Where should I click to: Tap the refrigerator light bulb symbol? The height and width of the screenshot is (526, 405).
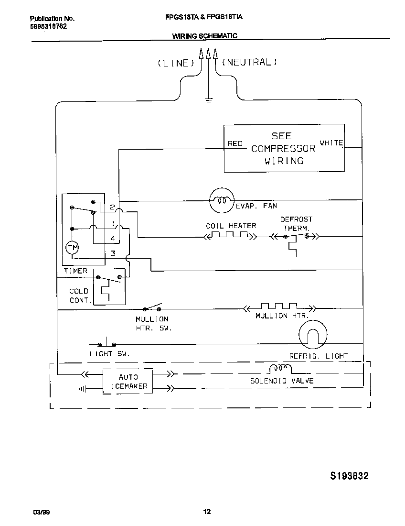pyautogui.click(x=313, y=336)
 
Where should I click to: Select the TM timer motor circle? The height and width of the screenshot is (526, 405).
pyautogui.click(x=72, y=247)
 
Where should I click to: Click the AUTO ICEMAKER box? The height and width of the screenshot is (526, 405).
pyautogui.click(x=128, y=381)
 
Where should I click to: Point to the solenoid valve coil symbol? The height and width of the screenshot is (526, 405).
pyautogui.click(x=281, y=369)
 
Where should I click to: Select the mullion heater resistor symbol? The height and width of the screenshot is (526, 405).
pyautogui.click(x=278, y=307)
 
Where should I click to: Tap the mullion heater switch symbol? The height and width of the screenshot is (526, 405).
pyautogui.click(x=153, y=307)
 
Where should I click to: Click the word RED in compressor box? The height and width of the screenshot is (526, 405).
pyautogui.click(x=235, y=143)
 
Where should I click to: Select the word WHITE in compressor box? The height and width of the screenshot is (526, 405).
pyautogui.click(x=331, y=143)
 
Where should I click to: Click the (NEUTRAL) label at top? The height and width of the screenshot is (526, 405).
pyautogui.click(x=249, y=62)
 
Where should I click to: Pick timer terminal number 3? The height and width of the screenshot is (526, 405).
pyautogui.click(x=113, y=253)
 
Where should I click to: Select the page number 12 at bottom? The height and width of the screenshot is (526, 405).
pyautogui.click(x=207, y=512)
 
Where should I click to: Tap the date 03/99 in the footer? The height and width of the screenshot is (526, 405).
pyautogui.click(x=41, y=512)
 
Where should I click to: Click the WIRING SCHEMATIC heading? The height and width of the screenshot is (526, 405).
pyautogui.click(x=204, y=36)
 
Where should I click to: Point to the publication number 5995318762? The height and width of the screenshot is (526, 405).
pyautogui.click(x=48, y=26)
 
